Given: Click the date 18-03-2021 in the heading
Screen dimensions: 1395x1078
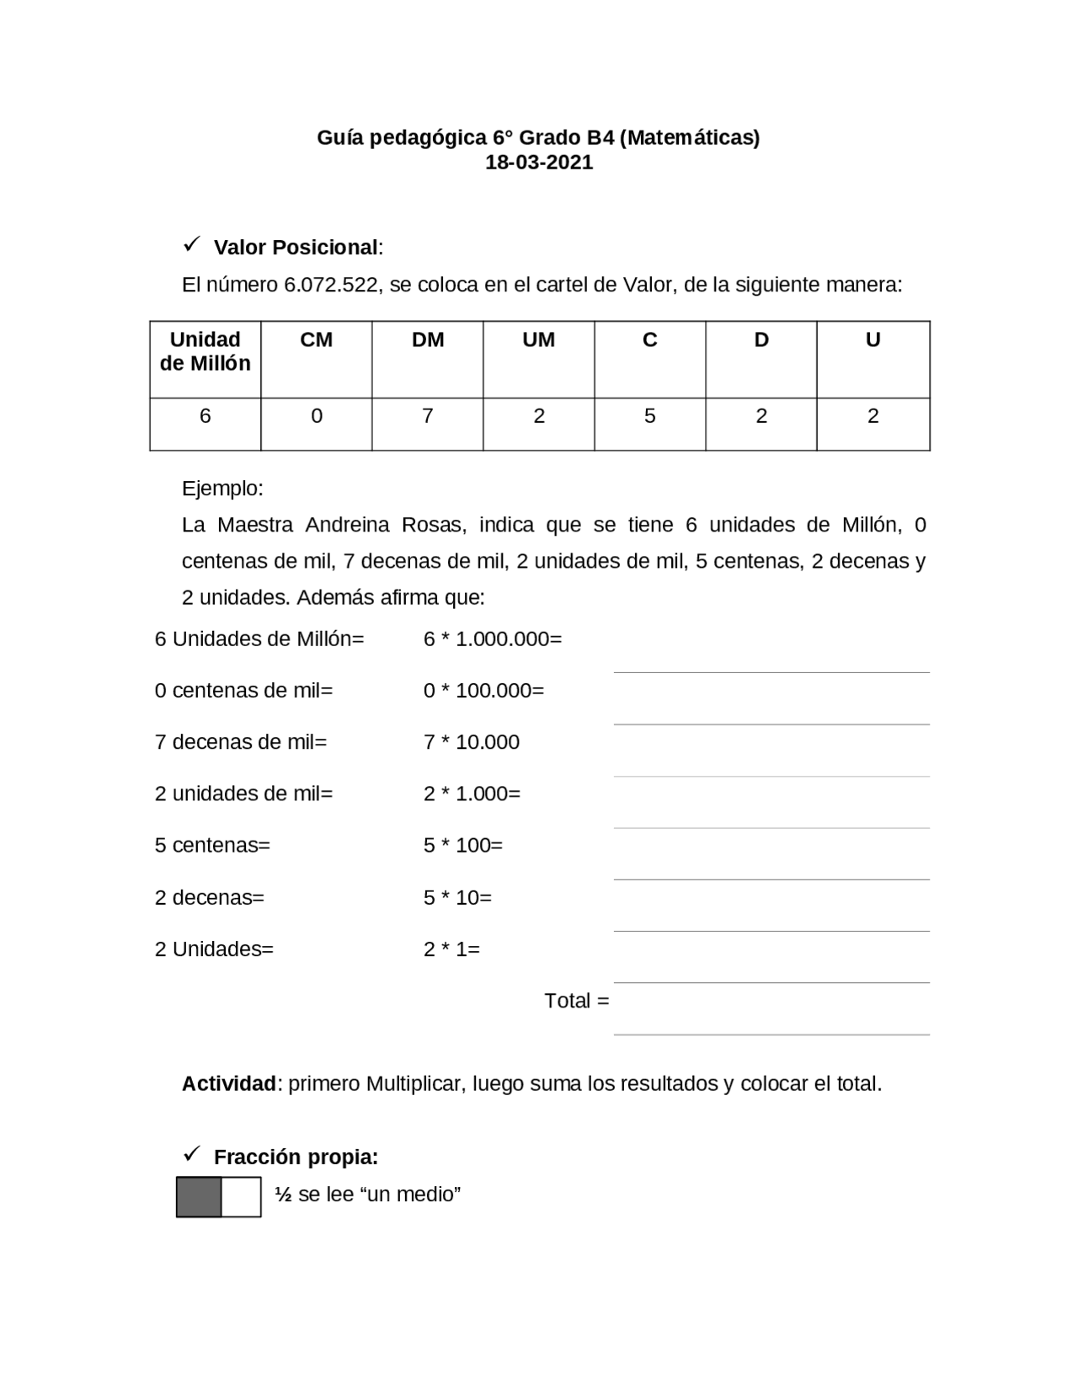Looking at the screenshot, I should (x=539, y=163).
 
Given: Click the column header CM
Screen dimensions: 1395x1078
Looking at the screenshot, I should (x=316, y=339).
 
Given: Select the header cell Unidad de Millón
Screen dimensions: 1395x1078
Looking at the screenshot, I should (x=205, y=351).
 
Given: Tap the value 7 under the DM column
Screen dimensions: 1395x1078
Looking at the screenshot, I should (x=427, y=416).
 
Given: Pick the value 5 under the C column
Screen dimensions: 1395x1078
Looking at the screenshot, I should (x=649, y=416).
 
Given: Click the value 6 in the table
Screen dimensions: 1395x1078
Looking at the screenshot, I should (x=205, y=416).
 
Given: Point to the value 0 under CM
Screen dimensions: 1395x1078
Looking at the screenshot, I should (x=316, y=416).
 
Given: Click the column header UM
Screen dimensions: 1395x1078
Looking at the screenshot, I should (x=538, y=339).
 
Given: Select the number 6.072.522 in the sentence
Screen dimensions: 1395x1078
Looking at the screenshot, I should (x=330, y=285).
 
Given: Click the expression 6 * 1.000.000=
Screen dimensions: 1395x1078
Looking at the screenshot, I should (x=492, y=639).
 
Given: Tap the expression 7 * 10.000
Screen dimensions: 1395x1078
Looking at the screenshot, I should (x=471, y=742).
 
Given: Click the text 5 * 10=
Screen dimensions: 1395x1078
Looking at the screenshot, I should (x=457, y=898).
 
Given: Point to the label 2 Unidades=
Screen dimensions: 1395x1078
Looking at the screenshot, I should (x=214, y=949).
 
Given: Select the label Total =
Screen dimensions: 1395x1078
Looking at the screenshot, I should (x=576, y=1001).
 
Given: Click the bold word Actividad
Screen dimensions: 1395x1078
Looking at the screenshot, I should (x=228, y=1084).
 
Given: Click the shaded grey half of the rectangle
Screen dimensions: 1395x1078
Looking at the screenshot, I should (x=199, y=1197).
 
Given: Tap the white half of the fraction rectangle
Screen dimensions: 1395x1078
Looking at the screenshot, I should (x=241, y=1197).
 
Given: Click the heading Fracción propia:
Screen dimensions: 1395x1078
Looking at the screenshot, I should (x=296, y=1157).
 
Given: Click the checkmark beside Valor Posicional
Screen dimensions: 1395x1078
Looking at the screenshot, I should (x=190, y=245).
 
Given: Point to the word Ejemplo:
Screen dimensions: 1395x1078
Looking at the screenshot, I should (x=222, y=489).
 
